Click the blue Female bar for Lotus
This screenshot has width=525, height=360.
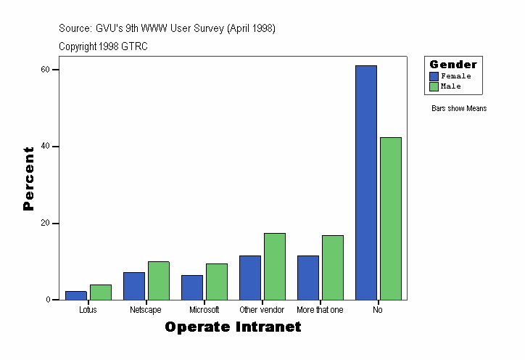point(76,295)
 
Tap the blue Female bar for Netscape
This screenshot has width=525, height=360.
point(134,286)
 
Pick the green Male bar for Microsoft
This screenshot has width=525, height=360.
point(217,282)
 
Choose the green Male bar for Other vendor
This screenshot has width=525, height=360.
point(275,266)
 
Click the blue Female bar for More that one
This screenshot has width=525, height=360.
point(308,277)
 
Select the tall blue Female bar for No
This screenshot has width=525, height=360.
point(366,182)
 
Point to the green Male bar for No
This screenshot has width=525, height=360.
point(391,218)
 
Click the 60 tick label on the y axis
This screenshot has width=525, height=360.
point(45,70)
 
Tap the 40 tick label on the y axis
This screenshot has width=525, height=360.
point(45,147)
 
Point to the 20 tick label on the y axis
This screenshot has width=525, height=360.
point(45,224)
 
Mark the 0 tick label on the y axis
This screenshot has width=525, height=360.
point(47,300)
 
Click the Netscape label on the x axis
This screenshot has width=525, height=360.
point(146,310)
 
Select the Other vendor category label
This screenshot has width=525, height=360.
point(262,310)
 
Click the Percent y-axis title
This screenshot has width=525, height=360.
point(29,179)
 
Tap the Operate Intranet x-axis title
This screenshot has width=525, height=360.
point(233,327)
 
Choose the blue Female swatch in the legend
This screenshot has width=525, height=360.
point(434,76)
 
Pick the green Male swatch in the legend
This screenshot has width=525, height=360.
point(434,86)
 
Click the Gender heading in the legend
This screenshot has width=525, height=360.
point(453,65)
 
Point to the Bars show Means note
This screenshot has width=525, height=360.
point(459,109)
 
